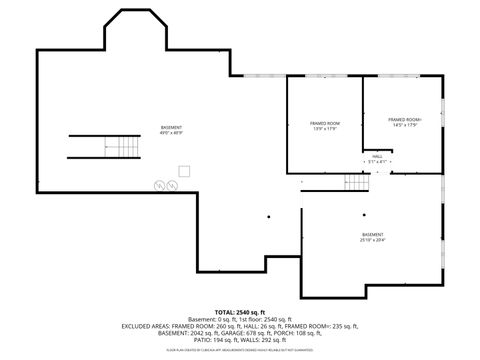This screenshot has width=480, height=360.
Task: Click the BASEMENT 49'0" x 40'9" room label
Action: pyautogui.click(x=172, y=130)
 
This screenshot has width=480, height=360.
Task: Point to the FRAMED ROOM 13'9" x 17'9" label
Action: pyautogui.click(x=325, y=126)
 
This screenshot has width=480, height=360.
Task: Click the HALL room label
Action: pyautogui.click(x=377, y=159)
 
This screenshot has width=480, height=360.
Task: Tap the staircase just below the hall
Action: pyautogui.click(x=357, y=181)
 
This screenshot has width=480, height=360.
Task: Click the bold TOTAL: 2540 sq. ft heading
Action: pyautogui.click(x=240, y=311)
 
